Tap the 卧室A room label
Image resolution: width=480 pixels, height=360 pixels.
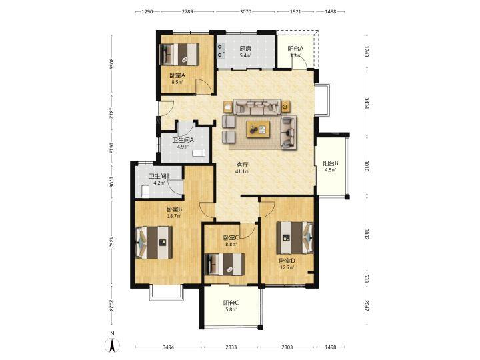pos(177,75)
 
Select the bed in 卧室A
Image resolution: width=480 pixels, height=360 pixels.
pos(179,54)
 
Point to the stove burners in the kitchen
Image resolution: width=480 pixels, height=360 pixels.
pos(221,51)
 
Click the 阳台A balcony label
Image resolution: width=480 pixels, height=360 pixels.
pos(295,49)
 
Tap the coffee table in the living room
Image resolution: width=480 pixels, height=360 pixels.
pos(259,129)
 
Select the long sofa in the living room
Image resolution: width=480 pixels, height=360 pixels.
pos(257,107)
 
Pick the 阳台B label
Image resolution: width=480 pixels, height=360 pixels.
pos(331,163)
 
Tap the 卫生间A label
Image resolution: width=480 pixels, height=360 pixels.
pos(183,140)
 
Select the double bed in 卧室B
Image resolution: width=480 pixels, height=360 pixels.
pos(154,242)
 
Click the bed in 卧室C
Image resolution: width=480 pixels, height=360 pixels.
pos(225,264)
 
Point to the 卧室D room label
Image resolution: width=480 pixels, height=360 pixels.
pos(287,261)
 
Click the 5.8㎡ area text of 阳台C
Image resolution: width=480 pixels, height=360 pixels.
pos(231,310)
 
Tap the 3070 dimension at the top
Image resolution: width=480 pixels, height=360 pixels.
pos(245,11)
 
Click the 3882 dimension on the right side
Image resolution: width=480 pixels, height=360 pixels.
pos(367,233)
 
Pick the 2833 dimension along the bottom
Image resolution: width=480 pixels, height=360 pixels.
pos(231,347)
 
